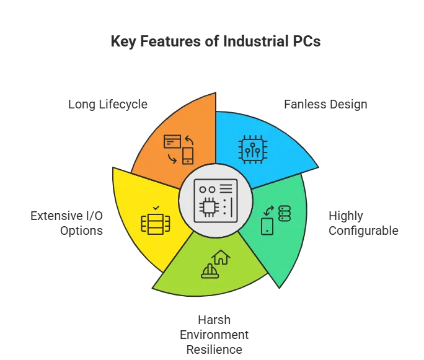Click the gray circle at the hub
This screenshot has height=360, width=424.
click(215, 201)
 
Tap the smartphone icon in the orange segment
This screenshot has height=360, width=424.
click(188, 156)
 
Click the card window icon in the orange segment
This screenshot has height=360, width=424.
click(172, 141)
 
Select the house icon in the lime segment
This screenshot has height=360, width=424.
click(221, 257)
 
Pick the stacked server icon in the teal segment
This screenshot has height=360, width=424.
click(284, 214)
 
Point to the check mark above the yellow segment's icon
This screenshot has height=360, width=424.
click(156, 208)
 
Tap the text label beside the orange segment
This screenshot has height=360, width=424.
click(106, 103)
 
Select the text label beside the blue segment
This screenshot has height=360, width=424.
click(324, 103)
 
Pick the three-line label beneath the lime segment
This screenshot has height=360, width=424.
click(215, 335)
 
